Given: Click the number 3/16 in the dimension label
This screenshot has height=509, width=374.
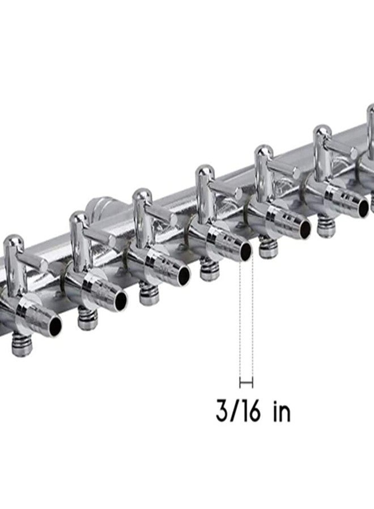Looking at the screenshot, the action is (239, 411).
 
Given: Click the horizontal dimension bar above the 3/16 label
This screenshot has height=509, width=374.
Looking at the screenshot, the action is (246, 383).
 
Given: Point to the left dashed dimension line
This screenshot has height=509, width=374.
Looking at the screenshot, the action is (240, 321).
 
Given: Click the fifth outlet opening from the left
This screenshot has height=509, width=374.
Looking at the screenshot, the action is (305, 230).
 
